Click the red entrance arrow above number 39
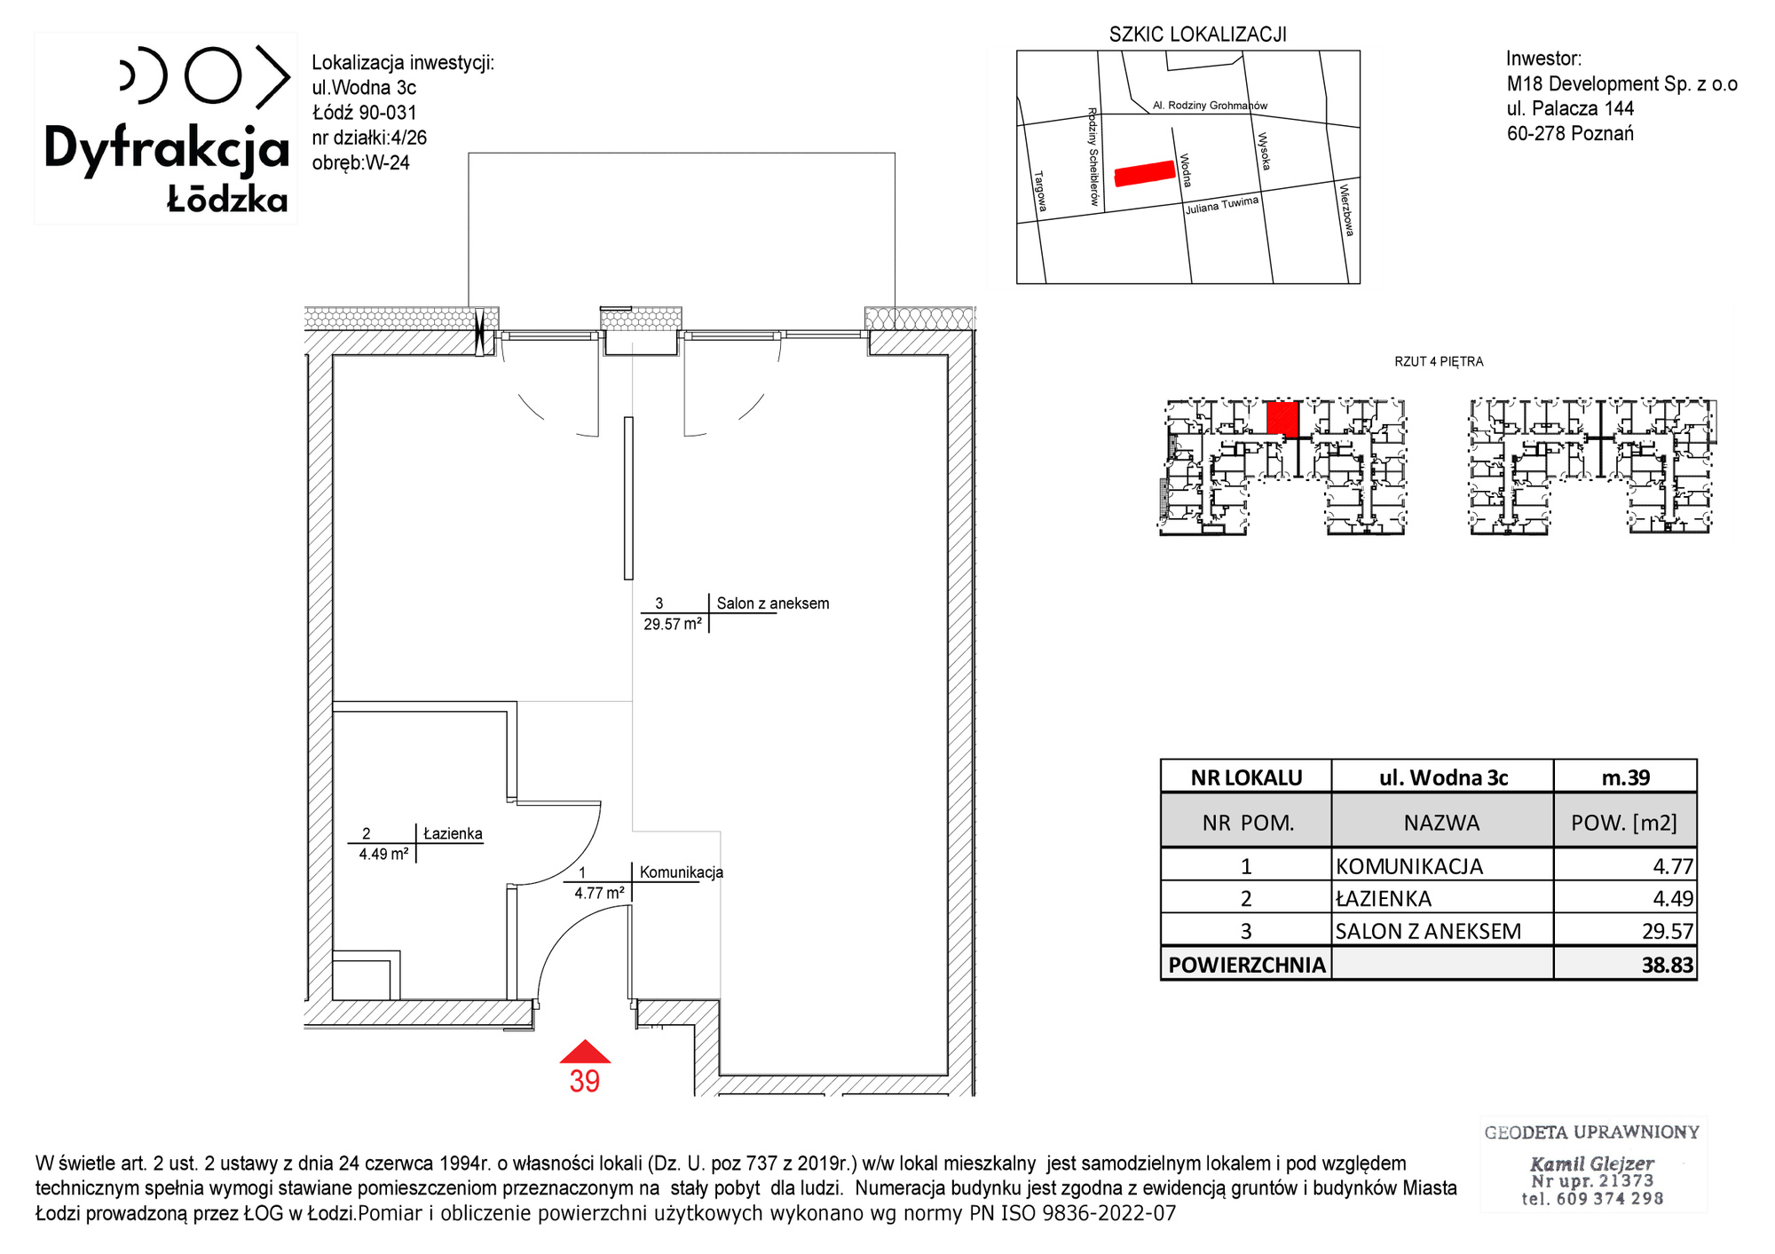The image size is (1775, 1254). pyautogui.click(x=585, y=1053)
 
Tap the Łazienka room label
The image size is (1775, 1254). pyautogui.click(x=453, y=833)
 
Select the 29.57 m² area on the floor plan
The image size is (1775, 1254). pyautogui.click(x=673, y=624)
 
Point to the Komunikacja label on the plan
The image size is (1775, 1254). pyautogui.click(x=682, y=872)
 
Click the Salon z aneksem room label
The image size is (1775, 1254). pyautogui.click(x=773, y=603)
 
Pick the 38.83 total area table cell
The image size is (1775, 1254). pyautogui.click(x=1668, y=965)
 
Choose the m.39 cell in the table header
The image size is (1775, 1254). pyautogui.click(x=1626, y=777)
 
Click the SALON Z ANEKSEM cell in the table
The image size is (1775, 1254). pyautogui.click(x=1428, y=931)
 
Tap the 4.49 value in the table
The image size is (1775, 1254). pyautogui.click(x=1673, y=898)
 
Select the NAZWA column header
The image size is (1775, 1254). pyautogui.click(x=1441, y=823)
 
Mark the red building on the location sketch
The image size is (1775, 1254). pyautogui.click(x=1145, y=173)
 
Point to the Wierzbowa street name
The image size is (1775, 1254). pyautogui.click(x=1346, y=209)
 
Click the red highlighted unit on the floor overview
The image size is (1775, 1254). pyautogui.click(x=1282, y=419)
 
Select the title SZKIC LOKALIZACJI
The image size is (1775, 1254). pyautogui.click(x=1197, y=35)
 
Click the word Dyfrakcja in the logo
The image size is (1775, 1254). pyautogui.click(x=167, y=149)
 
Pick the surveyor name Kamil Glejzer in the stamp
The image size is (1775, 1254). pyautogui.click(x=1592, y=1163)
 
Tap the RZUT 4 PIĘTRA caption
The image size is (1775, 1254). pyautogui.click(x=1439, y=361)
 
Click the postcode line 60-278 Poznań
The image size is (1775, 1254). pyautogui.click(x=1570, y=133)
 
